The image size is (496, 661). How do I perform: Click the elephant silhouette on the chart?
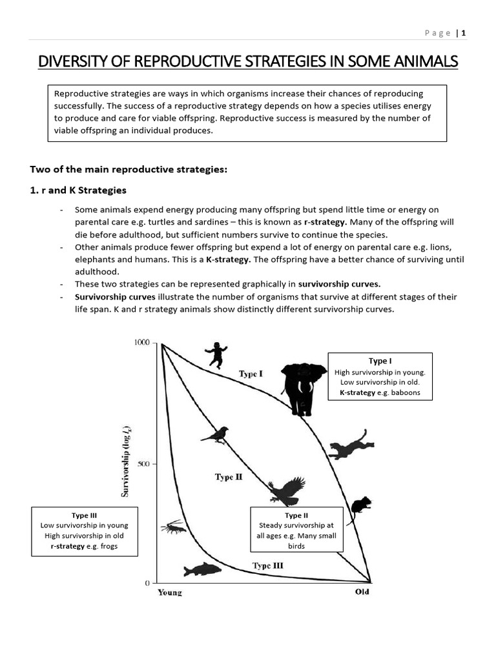(x=299, y=389)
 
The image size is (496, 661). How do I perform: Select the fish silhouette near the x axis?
(x=201, y=569)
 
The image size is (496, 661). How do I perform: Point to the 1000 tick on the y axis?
(x=142, y=342)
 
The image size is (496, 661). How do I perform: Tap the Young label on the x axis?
(x=170, y=593)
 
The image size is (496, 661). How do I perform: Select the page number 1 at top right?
(x=464, y=33)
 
